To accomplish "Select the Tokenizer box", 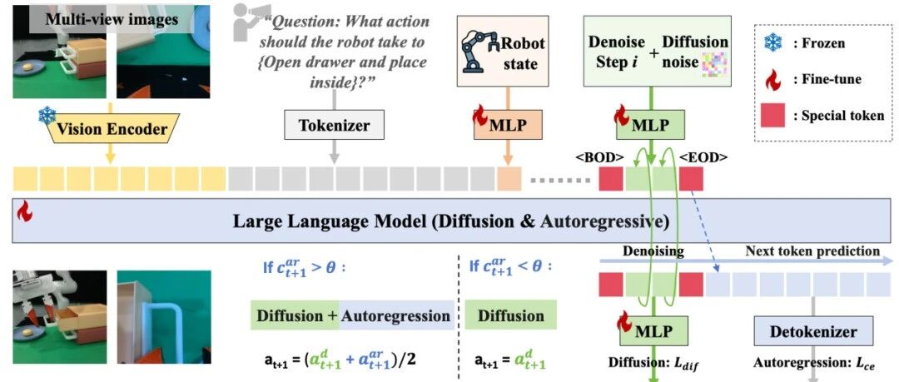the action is click(335, 126).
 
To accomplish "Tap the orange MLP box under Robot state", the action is click(508, 126).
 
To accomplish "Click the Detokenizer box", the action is click(813, 331).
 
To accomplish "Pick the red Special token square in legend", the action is click(772, 115).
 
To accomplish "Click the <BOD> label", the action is click(599, 156).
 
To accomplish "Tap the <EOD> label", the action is click(703, 156).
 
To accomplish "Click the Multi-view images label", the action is click(112, 19).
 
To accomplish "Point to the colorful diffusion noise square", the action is click(714, 64).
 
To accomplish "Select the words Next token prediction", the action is click(812, 251).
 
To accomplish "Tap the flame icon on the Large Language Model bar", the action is click(24, 211).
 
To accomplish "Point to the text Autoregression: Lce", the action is click(813, 363).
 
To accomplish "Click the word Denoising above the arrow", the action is click(653, 251).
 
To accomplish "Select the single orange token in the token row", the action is click(509, 178).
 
